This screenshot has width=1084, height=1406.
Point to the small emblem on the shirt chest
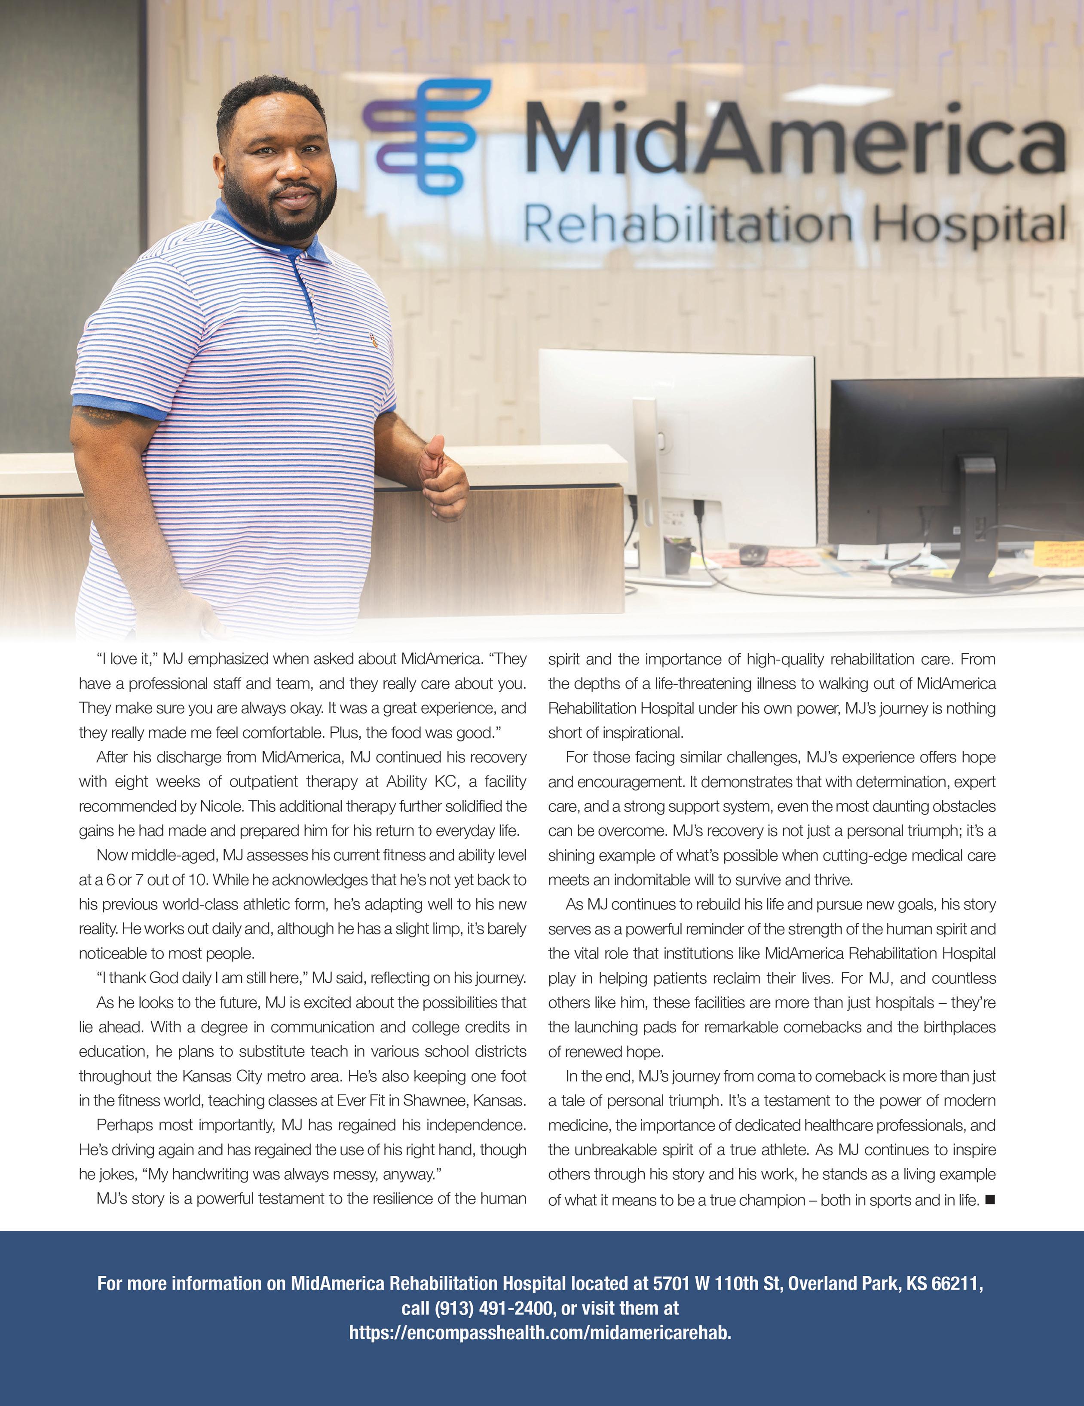pyautogui.click(x=372, y=339)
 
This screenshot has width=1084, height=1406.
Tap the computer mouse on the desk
pyautogui.click(x=752, y=554)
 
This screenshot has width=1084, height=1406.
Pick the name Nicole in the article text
pyautogui.click(x=220, y=806)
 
